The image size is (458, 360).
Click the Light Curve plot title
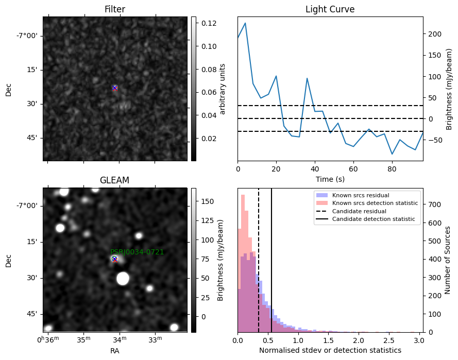point(330,9)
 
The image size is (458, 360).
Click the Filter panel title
point(115,9)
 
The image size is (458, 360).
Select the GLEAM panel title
point(114,180)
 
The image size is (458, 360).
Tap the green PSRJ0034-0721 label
point(137,252)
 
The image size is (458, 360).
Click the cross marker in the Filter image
point(115,88)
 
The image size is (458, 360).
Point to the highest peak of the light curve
point(245,23)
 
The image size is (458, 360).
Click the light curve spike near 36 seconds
point(307,78)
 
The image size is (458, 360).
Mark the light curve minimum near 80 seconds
point(392,154)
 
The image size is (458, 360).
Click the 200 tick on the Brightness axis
point(435,34)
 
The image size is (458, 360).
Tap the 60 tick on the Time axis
point(353,169)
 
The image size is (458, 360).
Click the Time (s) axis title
point(330,179)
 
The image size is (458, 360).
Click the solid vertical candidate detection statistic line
point(272,260)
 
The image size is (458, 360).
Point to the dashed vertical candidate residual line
point(259,260)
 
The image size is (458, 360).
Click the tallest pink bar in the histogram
point(243,263)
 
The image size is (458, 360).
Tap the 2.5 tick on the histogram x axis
point(389,340)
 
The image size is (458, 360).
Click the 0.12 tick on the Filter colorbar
point(209,23)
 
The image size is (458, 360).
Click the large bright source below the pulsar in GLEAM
point(123,279)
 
